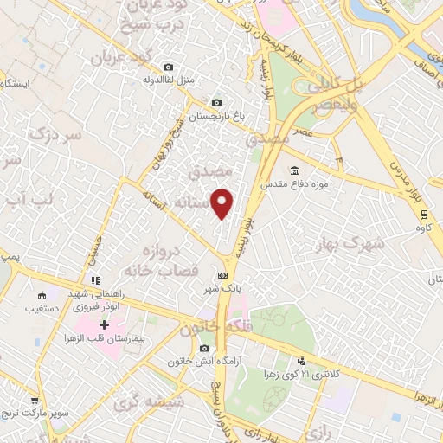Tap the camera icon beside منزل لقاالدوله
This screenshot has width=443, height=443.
[x=168, y=67]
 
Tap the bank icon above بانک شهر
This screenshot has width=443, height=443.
[x=222, y=275]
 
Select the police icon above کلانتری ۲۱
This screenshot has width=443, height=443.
[x=301, y=360]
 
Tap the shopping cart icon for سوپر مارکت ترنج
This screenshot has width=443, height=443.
[x=35, y=401]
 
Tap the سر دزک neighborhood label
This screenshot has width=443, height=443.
[x=54, y=135]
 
